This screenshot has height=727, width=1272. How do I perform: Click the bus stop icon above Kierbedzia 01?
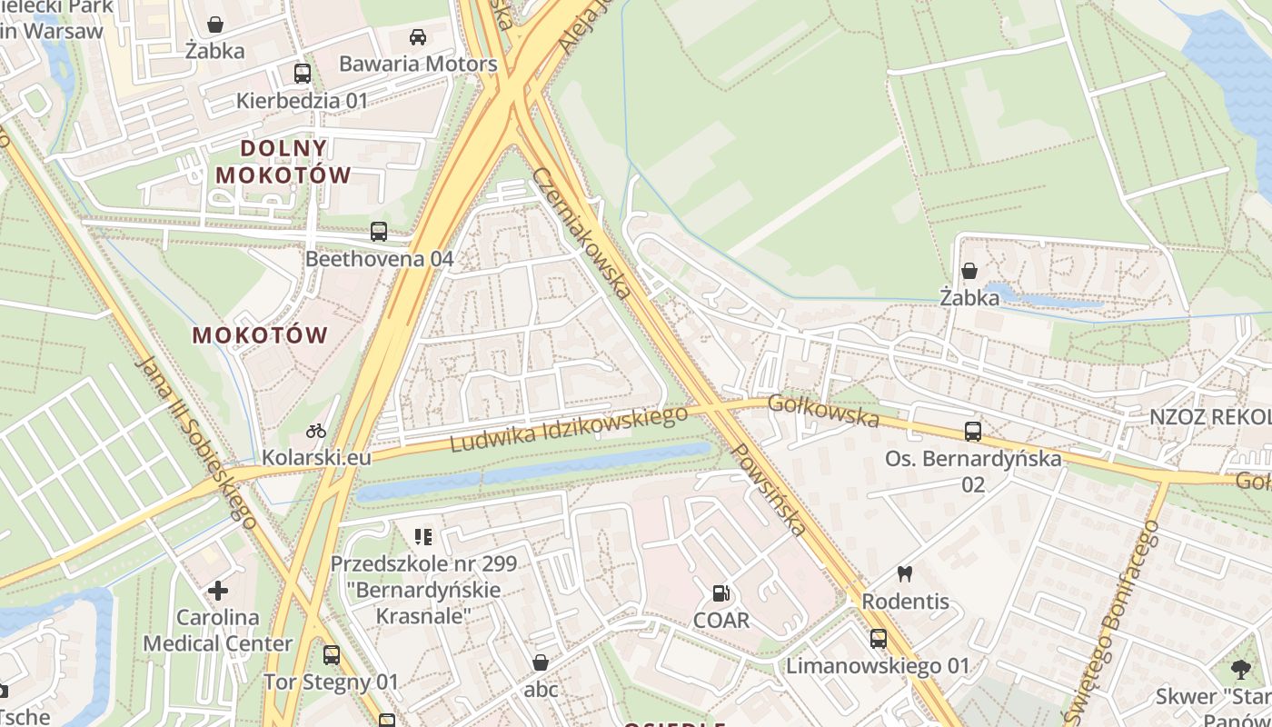[x=303, y=74]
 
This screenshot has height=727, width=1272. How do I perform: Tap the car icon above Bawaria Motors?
[x=418, y=37]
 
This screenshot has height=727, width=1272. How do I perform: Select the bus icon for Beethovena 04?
[x=379, y=232]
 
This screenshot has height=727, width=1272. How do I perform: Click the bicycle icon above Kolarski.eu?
[x=316, y=431]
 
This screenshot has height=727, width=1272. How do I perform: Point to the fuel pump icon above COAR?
[x=721, y=593]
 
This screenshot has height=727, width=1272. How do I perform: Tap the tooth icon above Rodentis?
[x=905, y=573]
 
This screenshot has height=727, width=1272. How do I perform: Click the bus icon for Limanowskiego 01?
[x=878, y=639]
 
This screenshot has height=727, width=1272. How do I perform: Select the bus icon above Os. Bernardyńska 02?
[x=973, y=432]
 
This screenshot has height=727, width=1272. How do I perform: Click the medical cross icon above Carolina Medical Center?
[x=218, y=591]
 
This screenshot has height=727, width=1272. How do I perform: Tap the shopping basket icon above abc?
[x=541, y=662]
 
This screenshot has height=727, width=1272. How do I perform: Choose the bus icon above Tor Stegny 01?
[x=332, y=654]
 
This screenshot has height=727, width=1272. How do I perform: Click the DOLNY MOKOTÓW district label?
[x=283, y=161]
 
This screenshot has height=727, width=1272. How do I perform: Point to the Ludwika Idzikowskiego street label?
[x=570, y=429]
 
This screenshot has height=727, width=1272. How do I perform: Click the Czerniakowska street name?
[x=581, y=233]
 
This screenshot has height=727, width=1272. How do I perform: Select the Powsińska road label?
[x=769, y=489]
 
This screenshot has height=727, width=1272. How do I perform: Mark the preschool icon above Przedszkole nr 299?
[x=422, y=537]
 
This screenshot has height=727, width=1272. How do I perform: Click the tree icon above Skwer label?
[x=1240, y=671]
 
